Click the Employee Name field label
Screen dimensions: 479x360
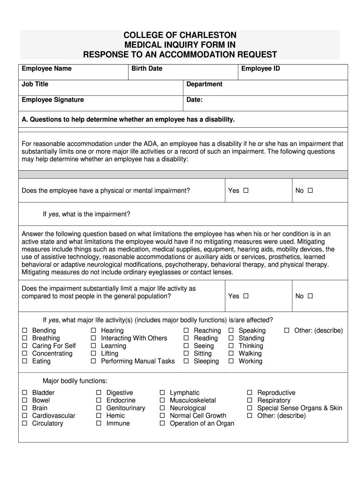coord(46,69)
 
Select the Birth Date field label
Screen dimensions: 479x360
coord(147,69)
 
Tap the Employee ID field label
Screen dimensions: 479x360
coord(260,69)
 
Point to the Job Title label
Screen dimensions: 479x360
coord(35,84)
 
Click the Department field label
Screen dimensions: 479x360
coord(204,84)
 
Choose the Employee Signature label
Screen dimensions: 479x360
coord(53,100)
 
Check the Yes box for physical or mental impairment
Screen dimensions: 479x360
coord(246,190)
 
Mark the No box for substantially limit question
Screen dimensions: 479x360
coord(310,296)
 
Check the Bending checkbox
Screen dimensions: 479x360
coord(25,331)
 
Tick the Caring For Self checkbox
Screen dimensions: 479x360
coord(25,346)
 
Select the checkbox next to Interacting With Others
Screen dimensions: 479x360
coord(94,338)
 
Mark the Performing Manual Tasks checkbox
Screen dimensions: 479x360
coord(94,362)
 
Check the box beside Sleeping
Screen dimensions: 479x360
coord(186,362)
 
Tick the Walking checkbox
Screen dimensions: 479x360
coord(231,354)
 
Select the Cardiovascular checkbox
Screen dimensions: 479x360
coord(25,416)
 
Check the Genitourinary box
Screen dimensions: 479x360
coord(99,408)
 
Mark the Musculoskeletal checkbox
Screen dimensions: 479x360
coord(162,400)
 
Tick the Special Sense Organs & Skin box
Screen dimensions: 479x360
coord(250,408)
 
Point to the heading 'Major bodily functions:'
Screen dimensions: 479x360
coord(75,381)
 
